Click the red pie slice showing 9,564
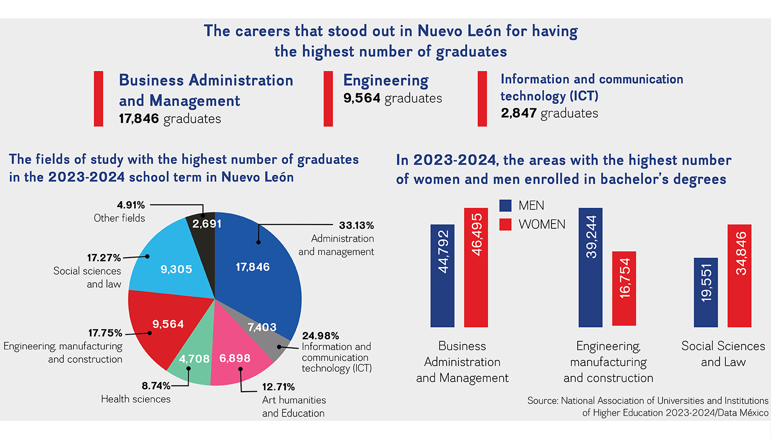click(162, 326)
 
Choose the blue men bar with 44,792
click(443, 276)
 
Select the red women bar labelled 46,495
click(476, 267)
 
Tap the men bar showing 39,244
click(591, 267)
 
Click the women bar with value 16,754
click(624, 288)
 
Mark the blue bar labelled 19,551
click(706, 292)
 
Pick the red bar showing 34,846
click(740, 276)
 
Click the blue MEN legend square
click(506, 206)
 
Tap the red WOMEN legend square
click(506, 225)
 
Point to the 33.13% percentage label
click(356, 225)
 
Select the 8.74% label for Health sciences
click(156, 386)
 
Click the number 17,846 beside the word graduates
click(139, 119)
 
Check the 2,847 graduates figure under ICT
click(519, 113)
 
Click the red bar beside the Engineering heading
click(328, 99)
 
